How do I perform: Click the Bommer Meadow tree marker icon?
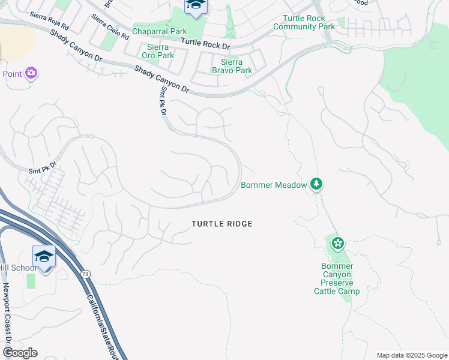click(316, 184)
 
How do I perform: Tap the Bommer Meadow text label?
click(274, 185)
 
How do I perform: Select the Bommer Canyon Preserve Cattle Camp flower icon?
click(338, 243)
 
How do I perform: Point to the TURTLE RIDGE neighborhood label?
click(221, 224)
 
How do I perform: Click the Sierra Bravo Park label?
click(232, 66)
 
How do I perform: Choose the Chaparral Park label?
click(159, 31)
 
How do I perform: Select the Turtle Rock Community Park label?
click(304, 22)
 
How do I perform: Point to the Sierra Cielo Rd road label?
click(110, 27)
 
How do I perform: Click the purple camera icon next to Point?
click(31, 74)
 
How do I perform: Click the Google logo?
click(19, 353)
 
